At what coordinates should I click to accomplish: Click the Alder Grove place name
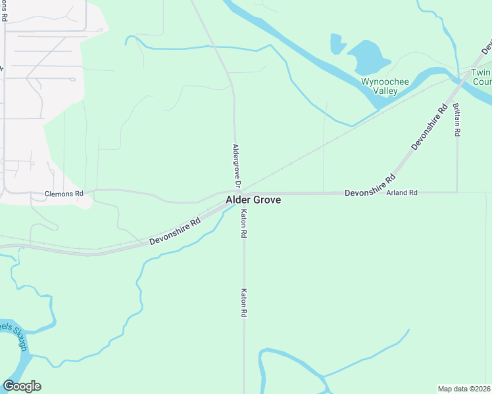pyautogui.click(x=253, y=200)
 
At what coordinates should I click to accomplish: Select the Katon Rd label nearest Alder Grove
pyautogui.click(x=243, y=223)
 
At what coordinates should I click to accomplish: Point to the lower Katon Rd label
pyautogui.click(x=243, y=303)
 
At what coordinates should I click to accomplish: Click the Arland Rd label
pyautogui.click(x=402, y=193)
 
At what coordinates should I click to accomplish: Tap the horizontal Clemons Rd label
pyautogui.click(x=64, y=194)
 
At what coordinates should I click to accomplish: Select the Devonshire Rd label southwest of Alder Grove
pyautogui.click(x=174, y=232)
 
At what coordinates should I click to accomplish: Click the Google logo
pyautogui.click(x=22, y=386)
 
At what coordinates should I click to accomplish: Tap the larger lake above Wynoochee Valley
pyautogui.click(x=368, y=57)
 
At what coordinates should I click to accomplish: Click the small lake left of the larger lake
pyautogui.click(x=337, y=44)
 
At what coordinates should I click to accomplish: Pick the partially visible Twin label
pyautogui.click(x=481, y=72)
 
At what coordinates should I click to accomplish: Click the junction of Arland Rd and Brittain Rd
pyautogui.click(x=456, y=192)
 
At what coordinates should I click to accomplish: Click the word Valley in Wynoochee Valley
pyautogui.click(x=385, y=91)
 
